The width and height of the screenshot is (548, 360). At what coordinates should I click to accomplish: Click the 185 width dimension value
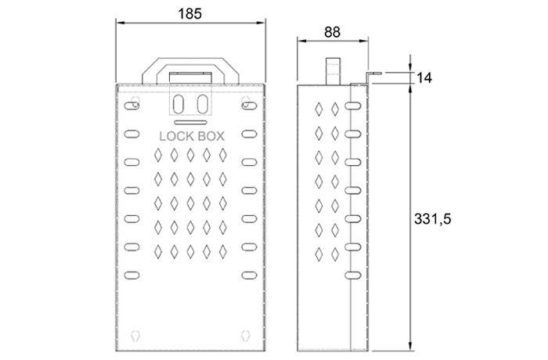point(189,13)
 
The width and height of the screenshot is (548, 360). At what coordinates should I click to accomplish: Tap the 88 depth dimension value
point(332,32)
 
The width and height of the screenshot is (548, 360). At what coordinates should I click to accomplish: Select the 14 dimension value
point(424,77)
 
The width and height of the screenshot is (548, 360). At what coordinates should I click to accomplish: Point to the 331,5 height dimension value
point(432,219)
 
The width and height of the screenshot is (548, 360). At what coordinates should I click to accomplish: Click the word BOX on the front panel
point(211,136)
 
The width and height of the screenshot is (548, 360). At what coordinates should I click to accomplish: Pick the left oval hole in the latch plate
point(178,104)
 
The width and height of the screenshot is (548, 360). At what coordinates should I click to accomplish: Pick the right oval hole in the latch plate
point(203,104)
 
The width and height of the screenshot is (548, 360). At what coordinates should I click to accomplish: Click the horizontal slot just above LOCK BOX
point(190,122)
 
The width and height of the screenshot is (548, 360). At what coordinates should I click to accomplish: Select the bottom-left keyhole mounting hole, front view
point(135,336)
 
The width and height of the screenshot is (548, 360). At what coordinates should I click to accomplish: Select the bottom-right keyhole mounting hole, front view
point(246,336)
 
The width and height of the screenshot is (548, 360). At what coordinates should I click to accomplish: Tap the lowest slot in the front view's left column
point(132,275)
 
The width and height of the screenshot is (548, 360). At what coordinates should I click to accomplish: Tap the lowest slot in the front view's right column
point(249,275)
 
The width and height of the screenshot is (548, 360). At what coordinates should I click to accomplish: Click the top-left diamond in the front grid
point(158,155)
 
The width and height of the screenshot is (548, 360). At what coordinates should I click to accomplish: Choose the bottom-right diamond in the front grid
point(222,252)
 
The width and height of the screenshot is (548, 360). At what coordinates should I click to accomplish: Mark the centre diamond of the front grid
point(190,203)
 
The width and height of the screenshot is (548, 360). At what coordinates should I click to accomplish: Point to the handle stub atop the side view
point(333,71)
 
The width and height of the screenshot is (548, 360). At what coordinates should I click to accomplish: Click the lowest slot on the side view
point(352,275)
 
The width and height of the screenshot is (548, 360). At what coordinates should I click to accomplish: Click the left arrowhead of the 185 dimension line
point(121,23)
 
